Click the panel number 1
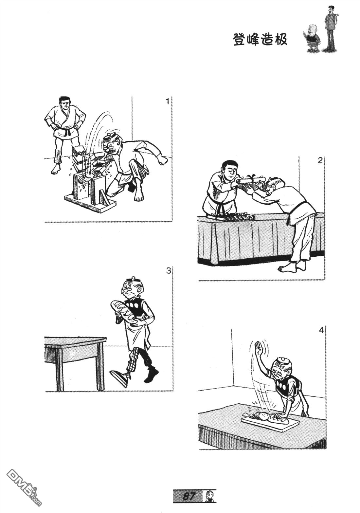click(168, 101)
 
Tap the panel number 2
click(320, 160)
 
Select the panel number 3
click(168, 271)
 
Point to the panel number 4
click(321, 330)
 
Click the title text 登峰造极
click(260, 40)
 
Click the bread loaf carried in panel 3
click(121, 309)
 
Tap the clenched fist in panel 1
click(163, 160)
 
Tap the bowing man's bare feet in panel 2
click(290, 267)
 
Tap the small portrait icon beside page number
click(209, 502)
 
